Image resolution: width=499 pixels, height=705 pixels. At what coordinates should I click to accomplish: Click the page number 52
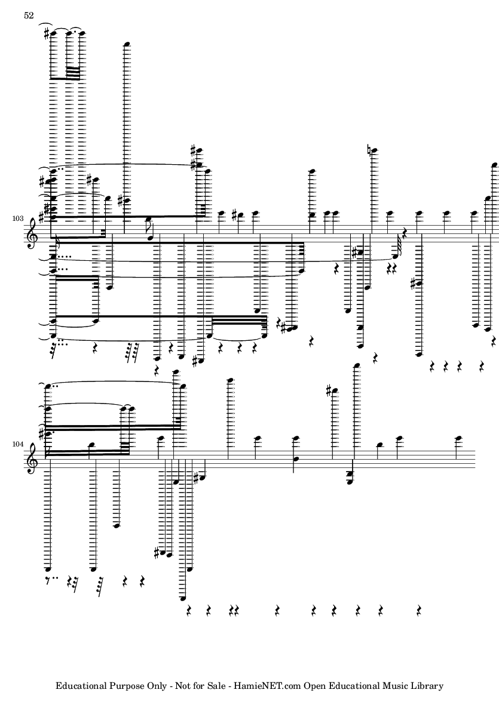point(29,16)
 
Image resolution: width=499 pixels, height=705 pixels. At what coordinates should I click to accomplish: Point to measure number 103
point(18,218)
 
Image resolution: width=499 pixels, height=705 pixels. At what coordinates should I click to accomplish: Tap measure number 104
point(18,444)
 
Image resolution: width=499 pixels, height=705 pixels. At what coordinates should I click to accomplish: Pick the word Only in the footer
point(161,686)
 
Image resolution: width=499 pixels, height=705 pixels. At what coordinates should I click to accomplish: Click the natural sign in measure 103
point(369,150)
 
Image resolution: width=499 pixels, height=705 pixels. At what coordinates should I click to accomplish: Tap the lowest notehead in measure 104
point(182,598)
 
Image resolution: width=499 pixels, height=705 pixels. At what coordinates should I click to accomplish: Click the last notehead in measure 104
point(458,438)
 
